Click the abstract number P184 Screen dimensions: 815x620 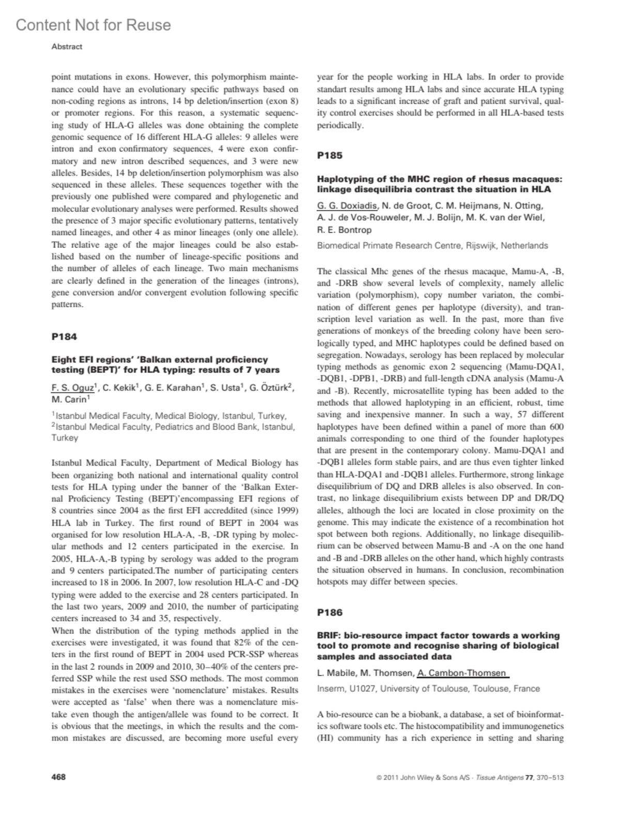point(64,337)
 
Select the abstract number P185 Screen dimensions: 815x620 point(330,155)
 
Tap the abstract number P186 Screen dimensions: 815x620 point(330,613)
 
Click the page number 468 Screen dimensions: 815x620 point(58,777)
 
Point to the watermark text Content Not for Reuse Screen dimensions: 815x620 point(93,25)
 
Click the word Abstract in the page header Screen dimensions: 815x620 point(67,46)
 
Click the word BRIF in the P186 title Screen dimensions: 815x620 point(328,635)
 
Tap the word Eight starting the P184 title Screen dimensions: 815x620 point(63,359)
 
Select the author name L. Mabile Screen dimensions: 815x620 point(336,673)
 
